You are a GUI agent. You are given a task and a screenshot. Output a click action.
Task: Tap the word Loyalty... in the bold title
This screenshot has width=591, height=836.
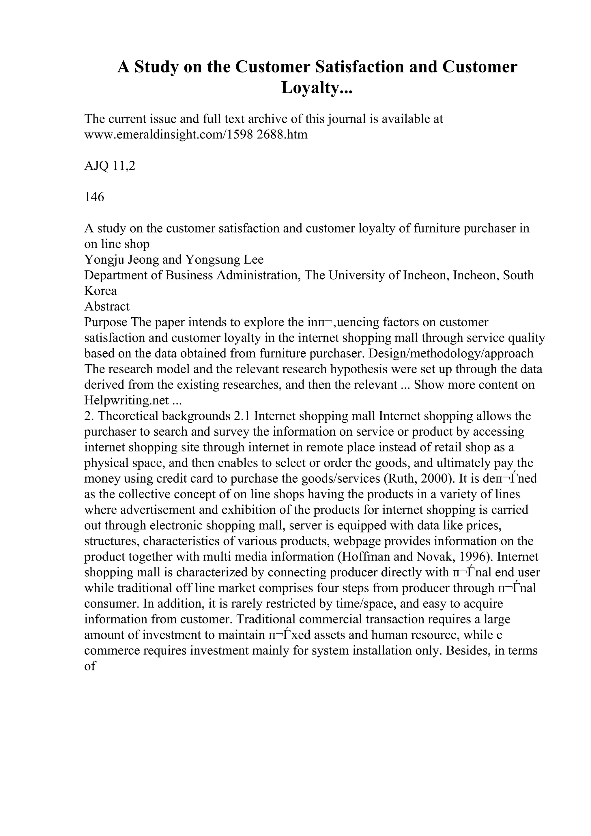[317, 88]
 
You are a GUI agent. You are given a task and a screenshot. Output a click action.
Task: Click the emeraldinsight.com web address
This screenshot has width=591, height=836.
[196, 135]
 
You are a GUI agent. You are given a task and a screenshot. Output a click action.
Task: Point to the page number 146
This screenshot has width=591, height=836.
[94, 197]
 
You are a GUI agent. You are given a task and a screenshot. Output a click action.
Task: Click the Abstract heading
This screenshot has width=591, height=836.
[107, 307]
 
